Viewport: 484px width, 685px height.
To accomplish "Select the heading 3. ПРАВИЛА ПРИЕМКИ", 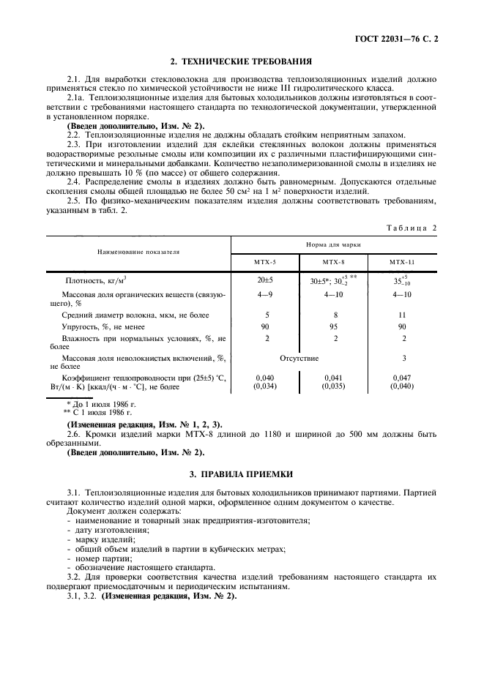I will pos(242,474).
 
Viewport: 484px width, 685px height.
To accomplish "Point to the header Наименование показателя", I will pos(138,251).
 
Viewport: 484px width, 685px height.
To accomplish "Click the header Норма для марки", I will pos(335,244).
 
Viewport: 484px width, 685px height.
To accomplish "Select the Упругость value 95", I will pos(335,326).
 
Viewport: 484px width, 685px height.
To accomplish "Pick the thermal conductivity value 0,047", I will pos(403,378).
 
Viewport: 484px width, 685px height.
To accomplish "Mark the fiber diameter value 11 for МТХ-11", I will pos(403,315).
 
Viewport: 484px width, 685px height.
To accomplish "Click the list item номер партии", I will pos(100,558).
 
